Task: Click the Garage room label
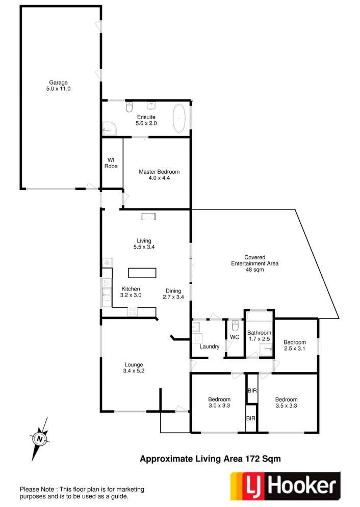coord(58,83)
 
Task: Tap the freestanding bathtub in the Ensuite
coord(179,118)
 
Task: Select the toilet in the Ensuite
coord(129,106)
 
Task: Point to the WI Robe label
coord(111,163)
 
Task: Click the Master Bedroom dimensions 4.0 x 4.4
coord(159,178)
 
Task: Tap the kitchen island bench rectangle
coord(142,273)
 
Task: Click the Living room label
coord(144,241)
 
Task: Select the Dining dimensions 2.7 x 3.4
coord(173,297)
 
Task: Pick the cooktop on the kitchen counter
coord(133,312)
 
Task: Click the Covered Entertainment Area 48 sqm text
coord(255,263)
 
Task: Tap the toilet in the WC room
coord(235,326)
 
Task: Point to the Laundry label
coord(210,346)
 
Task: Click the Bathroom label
coord(259,333)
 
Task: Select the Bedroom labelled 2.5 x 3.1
coord(295,345)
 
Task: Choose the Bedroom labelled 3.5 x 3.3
coord(286,403)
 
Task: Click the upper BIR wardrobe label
coord(252,391)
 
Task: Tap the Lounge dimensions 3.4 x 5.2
coord(134,371)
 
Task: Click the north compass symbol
coord(40,439)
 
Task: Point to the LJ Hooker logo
coord(285,486)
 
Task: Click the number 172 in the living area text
coord(253,459)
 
